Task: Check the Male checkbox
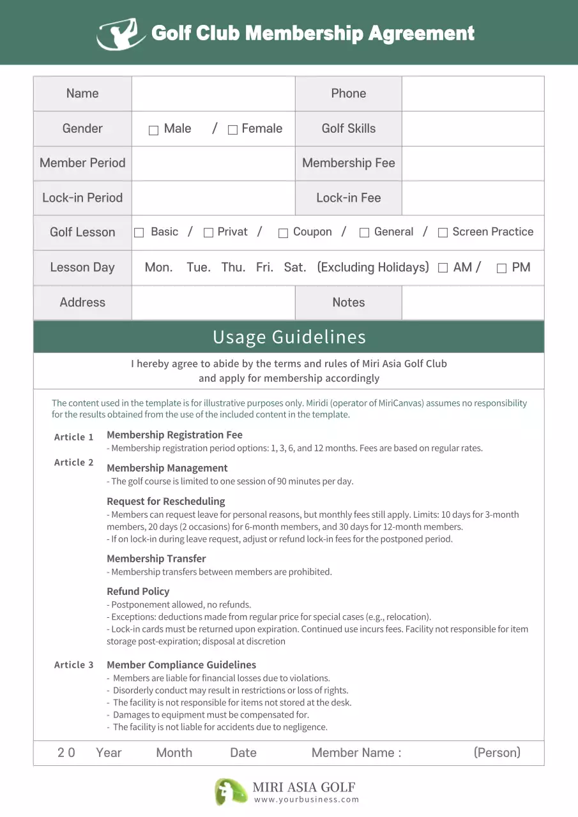pyautogui.click(x=153, y=130)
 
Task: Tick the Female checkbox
pyautogui.click(x=232, y=130)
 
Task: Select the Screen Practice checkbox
pyautogui.click(x=443, y=233)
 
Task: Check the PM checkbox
pyautogui.click(x=501, y=269)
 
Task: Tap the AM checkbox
pyautogui.click(x=443, y=269)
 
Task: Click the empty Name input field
pyautogui.click(x=213, y=94)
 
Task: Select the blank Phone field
pyautogui.click(x=473, y=94)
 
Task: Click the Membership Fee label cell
pyautogui.click(x=348, y=163)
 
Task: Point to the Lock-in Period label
pyautogui.click(x=82, y=198)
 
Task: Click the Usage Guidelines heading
pyautogui.click(x=289, y=337)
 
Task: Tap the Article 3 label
pyautogui.click(x=74, y=665)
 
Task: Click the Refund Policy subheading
pyautogui.click(x=138, y=591)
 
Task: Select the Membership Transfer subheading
pyautogui.click(x=156, y=558)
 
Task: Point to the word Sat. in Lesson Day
pyautogui.click(x=294, y=267)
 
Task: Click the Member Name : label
pyautogui.click(x=356, y=753)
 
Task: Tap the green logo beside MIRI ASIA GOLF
pyautogui.click(x=231, y=791)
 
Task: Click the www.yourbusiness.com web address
pyautogui.click(x=307, y=800)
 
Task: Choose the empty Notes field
pyautogui.click(x=473, y=303)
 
